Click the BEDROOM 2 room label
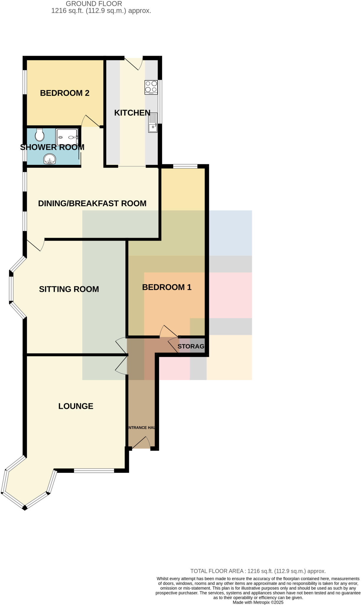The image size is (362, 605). (x=65, y=93)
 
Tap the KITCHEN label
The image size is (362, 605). (x=132, y=113)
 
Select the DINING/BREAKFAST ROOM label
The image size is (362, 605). (x=92, y=203)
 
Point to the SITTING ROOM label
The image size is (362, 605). (x=69, y=289)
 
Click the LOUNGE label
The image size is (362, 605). (x=76, y=406)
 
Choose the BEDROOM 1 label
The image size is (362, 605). (x=167, y=287)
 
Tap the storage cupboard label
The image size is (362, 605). (x=191, y=346)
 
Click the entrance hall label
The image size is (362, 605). (x=142, y=427)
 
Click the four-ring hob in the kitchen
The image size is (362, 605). (x=151, y=87)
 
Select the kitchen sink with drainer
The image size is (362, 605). (x=153, y=123)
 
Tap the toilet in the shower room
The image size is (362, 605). (x=39, y=135)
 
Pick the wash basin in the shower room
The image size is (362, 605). (x=50, y=160)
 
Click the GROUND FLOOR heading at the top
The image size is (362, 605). (x=94, y=4)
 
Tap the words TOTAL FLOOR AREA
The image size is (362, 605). (x=217, y=571)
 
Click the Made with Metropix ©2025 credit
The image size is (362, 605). (x=258, y=602)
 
